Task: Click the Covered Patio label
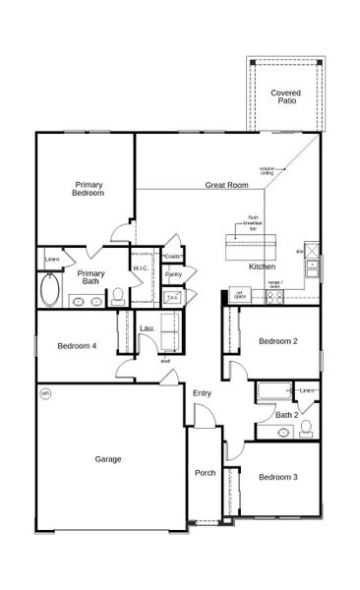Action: pyautogui.click(x=285, y=96)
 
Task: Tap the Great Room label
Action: pyautogui.click(x=226, y=185)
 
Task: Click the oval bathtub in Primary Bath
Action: pyautogui.click(x=50, y=292)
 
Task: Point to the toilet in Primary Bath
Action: pyautogui.click(x=117, y=295)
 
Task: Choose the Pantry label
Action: pyautogui.click(x=173, y=274)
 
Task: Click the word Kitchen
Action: pyautogui.click(x=262, y=266)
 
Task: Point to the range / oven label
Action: pyautogui.click(x=274, y=285)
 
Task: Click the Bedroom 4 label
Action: pyautogui.click(x=77, y=345)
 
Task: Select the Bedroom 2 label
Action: pyautogui.click(x=278, y=341)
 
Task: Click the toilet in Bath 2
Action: pyautogui.click(x=306, y=428)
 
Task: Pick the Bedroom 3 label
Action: pyautogui.click(x=278, y=477)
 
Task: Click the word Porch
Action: pyautogui.click(x=205, y=473)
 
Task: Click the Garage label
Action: pyautogui.click(x=108, y=458)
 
